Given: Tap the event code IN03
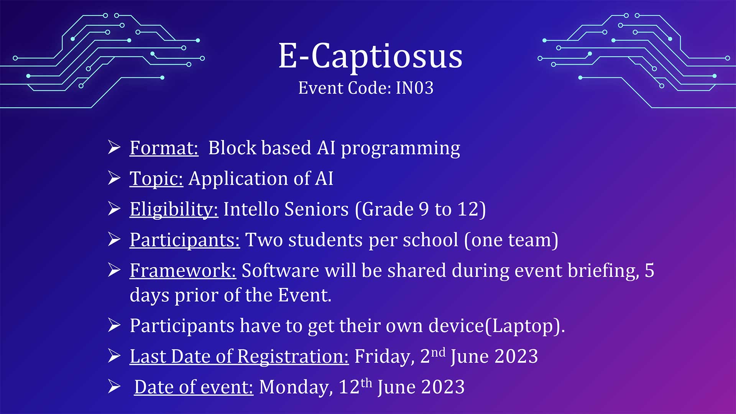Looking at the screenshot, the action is point(414,88).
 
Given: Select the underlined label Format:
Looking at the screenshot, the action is point(164,148).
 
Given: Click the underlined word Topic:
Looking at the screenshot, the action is point(156,179).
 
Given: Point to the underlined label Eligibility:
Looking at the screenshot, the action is point(174,209).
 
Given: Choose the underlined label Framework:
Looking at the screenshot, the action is point(183,270).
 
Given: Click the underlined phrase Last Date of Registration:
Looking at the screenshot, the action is point(239,356).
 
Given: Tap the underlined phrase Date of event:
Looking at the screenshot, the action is point(194,387).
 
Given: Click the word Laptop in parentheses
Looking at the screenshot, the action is point(522,326).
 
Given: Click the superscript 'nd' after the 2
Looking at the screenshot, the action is point(438,352).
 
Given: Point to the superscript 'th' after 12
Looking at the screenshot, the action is point(366,383).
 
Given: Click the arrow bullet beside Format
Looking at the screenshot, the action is point(114,147).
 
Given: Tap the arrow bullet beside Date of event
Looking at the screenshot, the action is point(114,386).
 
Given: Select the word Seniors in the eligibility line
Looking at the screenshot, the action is point(317,209).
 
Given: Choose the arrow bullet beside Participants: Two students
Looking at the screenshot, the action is point(114,239).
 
